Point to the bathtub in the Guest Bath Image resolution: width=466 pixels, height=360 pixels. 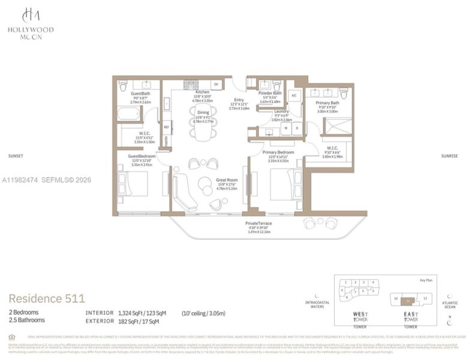click(128, 113)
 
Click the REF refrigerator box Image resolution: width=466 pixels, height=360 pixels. click(167, 127)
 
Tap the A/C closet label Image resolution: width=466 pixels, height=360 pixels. click(294, 96)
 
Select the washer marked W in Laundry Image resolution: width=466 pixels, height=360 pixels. click(285, 127)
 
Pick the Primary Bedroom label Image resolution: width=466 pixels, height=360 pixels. click(278, 152)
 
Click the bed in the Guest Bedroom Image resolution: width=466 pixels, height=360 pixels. click(133, 183)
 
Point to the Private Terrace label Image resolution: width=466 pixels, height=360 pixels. click(258, 223)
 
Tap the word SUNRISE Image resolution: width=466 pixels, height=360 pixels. click(449, 155)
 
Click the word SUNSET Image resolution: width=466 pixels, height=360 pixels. click(16, 155)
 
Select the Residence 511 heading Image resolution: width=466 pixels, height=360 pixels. click(47, 298)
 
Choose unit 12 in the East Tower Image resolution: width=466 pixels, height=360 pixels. click(425, 298)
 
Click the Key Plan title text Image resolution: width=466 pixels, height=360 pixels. click(425, 280)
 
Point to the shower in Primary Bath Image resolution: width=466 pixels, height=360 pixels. click(338, 125)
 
